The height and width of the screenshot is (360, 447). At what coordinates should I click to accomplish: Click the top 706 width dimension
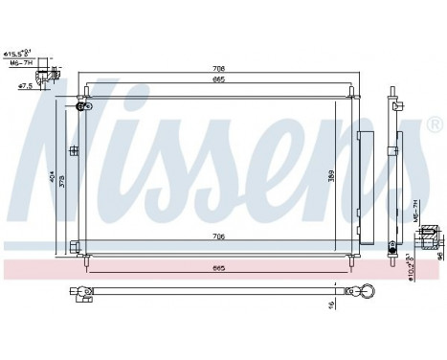[x=218, y=69]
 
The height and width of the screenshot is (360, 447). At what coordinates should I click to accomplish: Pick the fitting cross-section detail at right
[x=432, y=231]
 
